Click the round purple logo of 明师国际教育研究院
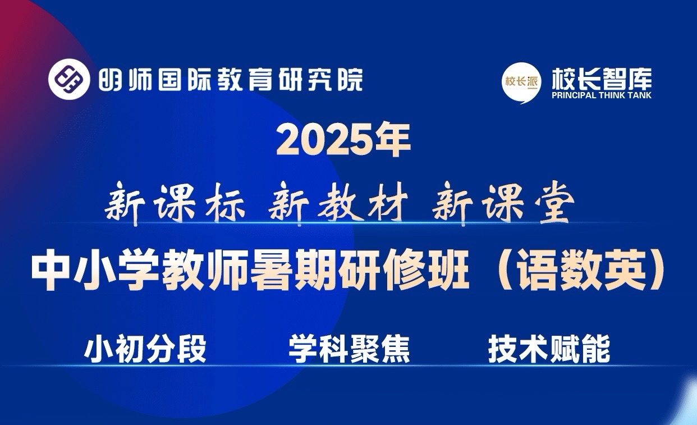point(69,79)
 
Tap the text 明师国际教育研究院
point(231,79)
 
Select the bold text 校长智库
point(602,79)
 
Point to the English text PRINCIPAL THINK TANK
point(602,95)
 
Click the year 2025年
point(343,140)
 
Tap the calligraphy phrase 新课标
point(175,204)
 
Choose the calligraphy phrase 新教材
point(338,204)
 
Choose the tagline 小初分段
point(145,349)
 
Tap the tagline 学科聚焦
point(349,349)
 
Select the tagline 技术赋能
point(549,349)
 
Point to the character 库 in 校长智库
point(640,79)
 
